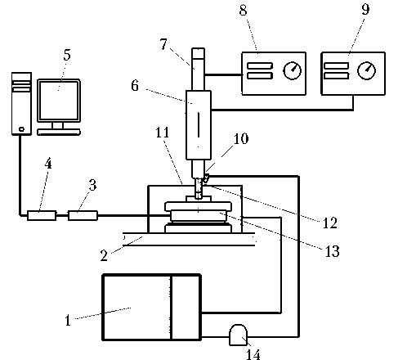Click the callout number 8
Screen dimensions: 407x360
pyautogui.click(x=244, y=10)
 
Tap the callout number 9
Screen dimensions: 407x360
pyautogui.click(x=365, y=9)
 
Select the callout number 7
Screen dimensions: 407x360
pyautogui.click(x=163, y=44)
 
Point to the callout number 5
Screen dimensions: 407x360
pyautogui.click(x=67, y=55)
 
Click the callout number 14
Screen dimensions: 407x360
pyautogui.click(x=253, y=354)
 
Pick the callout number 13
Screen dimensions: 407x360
pyautogui.click(x=333, y=251)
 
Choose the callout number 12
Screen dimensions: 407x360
pyautogui.click(x=330, y=223)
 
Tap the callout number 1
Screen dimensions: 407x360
pyautogui.click(x=68, y=320)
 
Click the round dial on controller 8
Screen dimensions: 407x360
pyautogui.click(x=293, y=70)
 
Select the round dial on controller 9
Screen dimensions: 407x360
pyautogui.click(x=366, y=70)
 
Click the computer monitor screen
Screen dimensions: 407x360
pyautogui.click(x=59, y=100)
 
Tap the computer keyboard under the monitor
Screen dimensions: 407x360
pyautogui.click(x=59, y=133)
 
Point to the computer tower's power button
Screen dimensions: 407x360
pyautogui.click(x=21, y=129)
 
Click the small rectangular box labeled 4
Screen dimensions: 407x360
pyautogui.click(x=42, y=215)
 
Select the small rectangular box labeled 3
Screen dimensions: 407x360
pyautogui.click(x=83, y=215)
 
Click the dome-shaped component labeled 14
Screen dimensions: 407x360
pyautogui.click(x=239, y=335)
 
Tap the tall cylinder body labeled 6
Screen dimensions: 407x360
pyautogui.click(x=199, y=125)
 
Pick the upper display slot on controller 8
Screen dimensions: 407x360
pyautogui.click(x=260, y=65)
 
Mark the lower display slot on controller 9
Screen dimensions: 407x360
pyautogui.click(x=337, y=75)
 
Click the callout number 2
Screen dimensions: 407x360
pyautogui.click(x=104, y=255)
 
